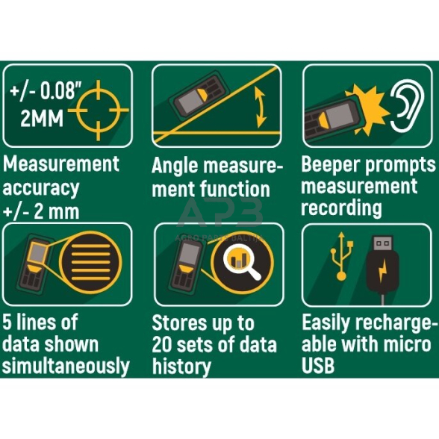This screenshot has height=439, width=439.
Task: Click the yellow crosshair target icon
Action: [99, 110]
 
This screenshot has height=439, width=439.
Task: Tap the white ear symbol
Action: [408, 105]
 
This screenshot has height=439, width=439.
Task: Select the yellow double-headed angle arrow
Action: [261, 108]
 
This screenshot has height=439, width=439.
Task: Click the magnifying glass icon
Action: [242, 261]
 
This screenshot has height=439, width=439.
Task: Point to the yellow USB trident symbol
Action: [341, 256]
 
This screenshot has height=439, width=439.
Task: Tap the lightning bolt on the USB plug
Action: [383, 270]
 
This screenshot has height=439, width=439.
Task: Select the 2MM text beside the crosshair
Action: [42, 118]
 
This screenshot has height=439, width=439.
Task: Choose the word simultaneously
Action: [66, 366]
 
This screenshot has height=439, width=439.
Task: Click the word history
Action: [181, 367]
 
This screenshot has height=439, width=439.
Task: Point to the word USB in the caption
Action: [318, 365]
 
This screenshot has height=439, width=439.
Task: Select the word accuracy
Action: [41, 188]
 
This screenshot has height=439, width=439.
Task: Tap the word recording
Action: [342, 208]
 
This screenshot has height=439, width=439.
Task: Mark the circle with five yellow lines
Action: [91, 262]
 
